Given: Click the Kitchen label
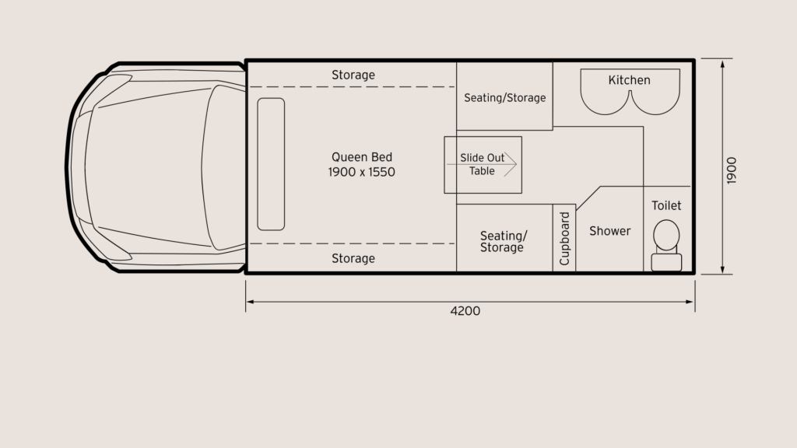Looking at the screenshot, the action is (629, 80).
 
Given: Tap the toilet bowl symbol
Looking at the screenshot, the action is (666, 235).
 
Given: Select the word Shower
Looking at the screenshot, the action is (610, 231).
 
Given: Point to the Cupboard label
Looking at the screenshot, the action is (564, 238).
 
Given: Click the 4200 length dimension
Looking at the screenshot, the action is (465, 311).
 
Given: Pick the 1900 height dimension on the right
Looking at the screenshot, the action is (732, 170).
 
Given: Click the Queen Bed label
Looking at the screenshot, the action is (362, 157).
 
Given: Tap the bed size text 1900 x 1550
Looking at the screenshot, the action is (361, 172).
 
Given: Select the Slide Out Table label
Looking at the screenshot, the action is (482, 164).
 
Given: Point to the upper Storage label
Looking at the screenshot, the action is (353, 75).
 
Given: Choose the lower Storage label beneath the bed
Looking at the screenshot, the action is (353, 258).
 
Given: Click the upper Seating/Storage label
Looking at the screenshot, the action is (504, 97).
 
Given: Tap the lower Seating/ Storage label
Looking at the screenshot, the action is (504, 241).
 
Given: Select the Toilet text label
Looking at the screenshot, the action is (666, 205).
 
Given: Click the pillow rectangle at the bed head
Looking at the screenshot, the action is (271, 164).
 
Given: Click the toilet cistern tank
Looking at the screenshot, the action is (666, 262).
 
